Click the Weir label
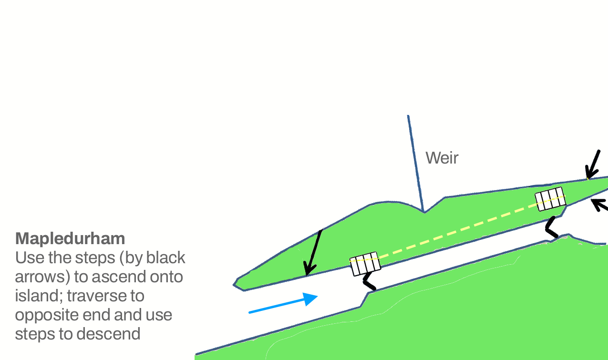442,158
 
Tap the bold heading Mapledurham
70,238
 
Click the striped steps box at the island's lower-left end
365,264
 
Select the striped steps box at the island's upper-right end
550,198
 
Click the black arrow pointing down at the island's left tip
313,253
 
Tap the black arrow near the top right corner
593,165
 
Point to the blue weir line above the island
415,162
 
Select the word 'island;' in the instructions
39,296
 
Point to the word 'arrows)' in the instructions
42,277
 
